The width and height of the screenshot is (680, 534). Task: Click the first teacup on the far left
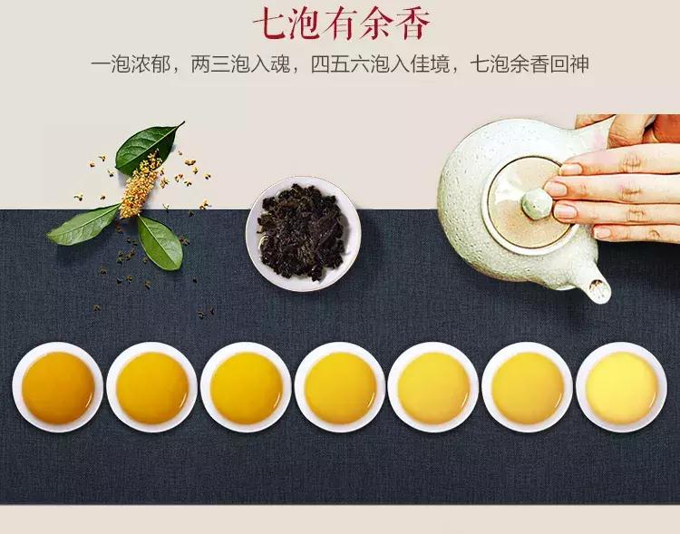[57, 387]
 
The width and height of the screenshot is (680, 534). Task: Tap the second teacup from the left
[151, 387]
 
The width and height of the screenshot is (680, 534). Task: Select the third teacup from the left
[246, 387]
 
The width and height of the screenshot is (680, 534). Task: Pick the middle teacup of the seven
[340, 387]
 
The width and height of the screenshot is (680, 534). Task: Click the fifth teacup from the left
[433, 387]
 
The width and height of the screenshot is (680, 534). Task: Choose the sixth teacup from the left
[528, 387]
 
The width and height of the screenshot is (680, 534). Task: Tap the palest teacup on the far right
[621, 387]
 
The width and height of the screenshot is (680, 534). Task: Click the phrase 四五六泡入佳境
[388, 65]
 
